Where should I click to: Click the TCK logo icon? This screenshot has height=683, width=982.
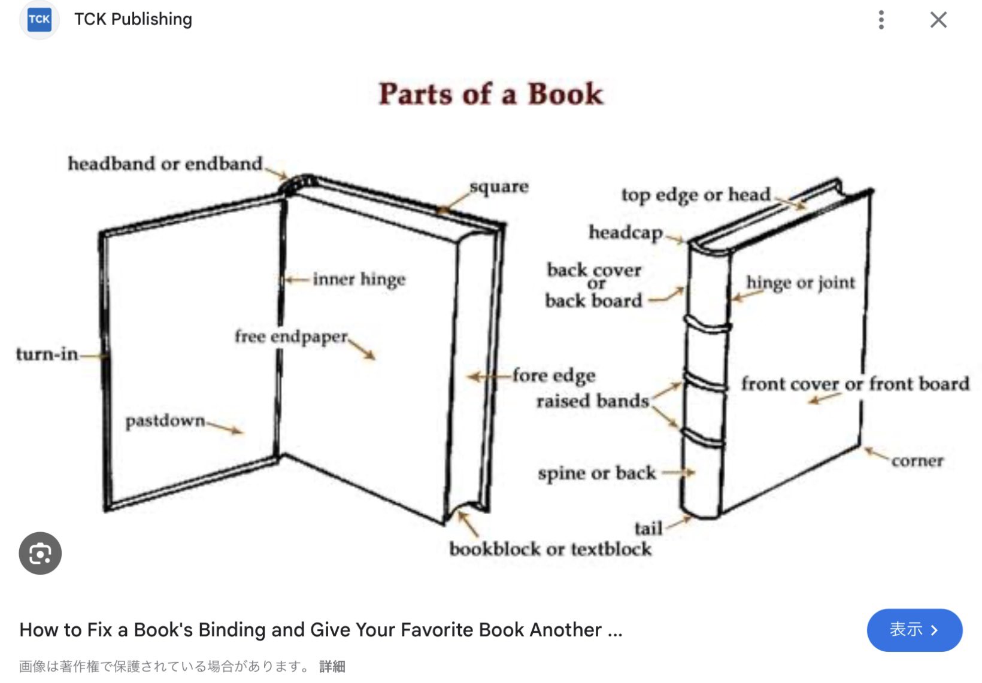point(40,20)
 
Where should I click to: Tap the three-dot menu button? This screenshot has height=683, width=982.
point(881,20)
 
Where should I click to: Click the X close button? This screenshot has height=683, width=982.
point(938,20)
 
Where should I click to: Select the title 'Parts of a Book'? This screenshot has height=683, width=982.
point(491,95)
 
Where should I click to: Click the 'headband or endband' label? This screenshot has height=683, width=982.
point(165,163)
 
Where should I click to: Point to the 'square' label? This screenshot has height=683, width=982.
point(499,187)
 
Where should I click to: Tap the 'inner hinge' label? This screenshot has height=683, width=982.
point(359,280)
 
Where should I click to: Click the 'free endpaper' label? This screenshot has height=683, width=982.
point(291,336)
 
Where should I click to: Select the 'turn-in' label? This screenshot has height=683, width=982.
point(47,354)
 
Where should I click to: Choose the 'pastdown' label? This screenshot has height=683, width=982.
point(165,421)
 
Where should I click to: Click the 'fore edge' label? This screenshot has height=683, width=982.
point(554,375)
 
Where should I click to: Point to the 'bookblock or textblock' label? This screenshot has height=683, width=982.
point(550,549)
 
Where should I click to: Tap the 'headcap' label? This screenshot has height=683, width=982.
point(626,232)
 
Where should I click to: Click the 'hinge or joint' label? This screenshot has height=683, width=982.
point(801,283)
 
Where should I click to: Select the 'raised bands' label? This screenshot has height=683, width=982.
point(592,400)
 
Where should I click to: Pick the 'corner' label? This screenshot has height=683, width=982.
point(917,461)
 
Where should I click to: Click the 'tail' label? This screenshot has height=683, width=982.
point(648,529)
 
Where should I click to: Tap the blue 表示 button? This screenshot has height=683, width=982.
point(914,630)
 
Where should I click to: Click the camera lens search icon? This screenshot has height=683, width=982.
point(40,553)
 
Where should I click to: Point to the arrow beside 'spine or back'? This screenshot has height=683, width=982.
point(678,472)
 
